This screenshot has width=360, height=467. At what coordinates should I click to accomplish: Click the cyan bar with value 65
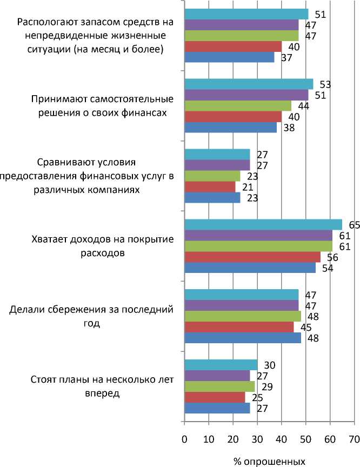(263, 224)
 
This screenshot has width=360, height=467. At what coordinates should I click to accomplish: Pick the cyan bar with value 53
(249, 84)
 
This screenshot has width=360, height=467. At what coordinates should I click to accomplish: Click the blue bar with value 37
(229, 57)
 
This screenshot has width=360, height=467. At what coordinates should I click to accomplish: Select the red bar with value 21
(210, 186)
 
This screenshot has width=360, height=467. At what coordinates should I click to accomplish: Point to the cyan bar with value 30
(221, 365)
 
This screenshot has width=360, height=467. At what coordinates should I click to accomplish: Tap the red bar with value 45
(239, 327)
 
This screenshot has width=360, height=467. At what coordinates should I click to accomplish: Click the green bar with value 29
(219, 386)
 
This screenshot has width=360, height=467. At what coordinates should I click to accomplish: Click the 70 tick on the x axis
(354, 438)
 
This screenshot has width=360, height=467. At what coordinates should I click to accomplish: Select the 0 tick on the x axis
(185, 438)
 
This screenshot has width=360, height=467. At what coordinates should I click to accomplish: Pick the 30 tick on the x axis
(257, 438)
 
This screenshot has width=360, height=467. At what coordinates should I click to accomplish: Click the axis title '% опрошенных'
(269, 461)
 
